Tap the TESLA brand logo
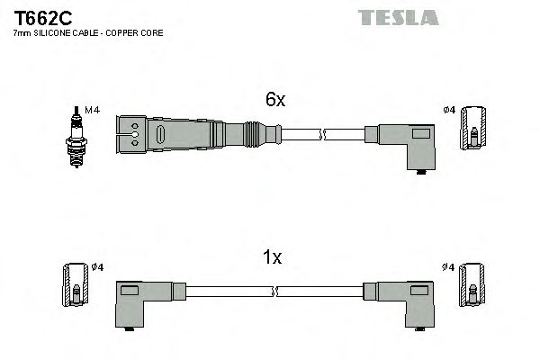pos(398,16)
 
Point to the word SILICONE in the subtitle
pos(51,34)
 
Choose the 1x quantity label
pos(272,258)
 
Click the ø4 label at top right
pos(449,111)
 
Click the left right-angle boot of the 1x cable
pos(137,301)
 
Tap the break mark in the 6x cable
pos(322,134)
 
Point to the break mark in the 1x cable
pos(274,292)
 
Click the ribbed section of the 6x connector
pos(255,134)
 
